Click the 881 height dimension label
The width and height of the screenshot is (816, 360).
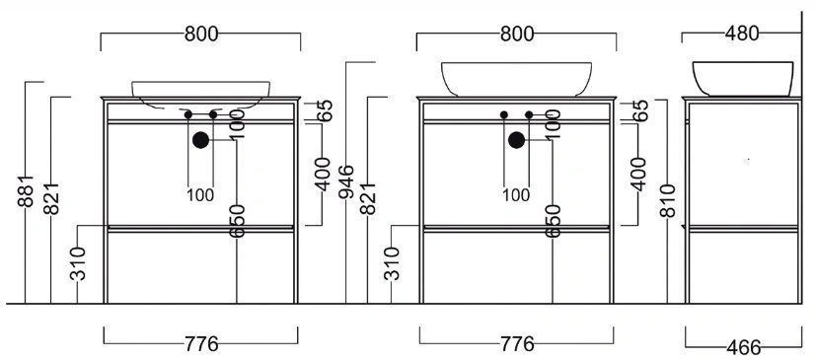click(26, 191)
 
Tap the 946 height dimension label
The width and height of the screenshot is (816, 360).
click(346, 181)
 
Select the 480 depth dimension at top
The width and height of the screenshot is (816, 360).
click(742, 34)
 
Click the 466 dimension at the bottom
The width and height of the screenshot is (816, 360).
click(744, 346)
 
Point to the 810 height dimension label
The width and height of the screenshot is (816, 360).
click(667, 200)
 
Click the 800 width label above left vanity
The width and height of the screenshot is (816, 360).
click(201, 34)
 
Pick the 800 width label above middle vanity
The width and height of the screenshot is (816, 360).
click(517, 34)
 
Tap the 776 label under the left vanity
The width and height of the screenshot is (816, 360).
click(201, 344)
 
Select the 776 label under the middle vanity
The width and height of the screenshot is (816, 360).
click(517, 344)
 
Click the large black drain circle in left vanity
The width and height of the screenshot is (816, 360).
click(200, 140)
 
